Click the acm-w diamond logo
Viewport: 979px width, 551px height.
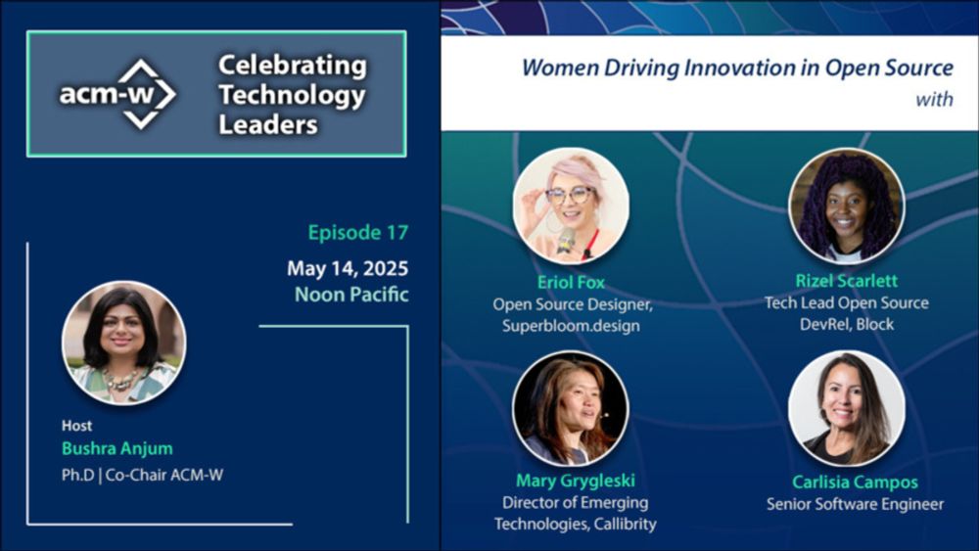[118, 94]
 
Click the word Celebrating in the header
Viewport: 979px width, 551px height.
[292, 66]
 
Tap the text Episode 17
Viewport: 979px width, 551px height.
[357, 232]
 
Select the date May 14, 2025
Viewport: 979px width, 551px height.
[348, 268]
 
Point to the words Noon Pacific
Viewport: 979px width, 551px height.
[351, 294]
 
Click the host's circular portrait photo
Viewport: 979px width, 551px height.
[124, 343]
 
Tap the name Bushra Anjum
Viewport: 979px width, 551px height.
[117, 448]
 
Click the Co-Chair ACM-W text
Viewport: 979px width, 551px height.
[164, 475]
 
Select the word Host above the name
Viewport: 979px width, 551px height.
[76, 426]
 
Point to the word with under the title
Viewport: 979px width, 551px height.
[934, 99]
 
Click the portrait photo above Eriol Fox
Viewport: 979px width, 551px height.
[571, 206]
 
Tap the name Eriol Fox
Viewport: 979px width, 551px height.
[571, 282]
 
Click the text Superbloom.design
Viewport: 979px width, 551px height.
[571, 326]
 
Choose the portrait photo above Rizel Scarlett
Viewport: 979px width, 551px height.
[847, 206]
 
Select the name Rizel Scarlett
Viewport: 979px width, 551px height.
[847, 281]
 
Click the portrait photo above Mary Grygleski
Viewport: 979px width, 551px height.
[571, 409]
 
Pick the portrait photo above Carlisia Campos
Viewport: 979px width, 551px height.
[847, 409]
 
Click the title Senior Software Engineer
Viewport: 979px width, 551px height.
[855, 504]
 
